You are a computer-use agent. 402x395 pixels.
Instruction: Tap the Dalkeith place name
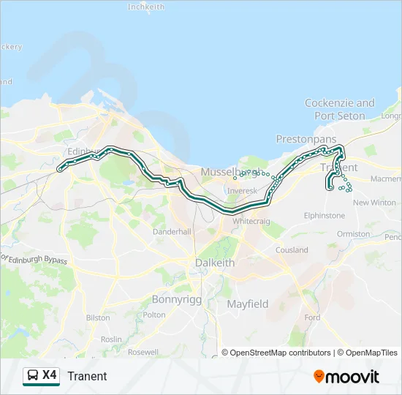pyautogui.click(x=215, y=263)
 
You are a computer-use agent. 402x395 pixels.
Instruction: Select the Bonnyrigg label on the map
pyautogui.click(x=175, y=299)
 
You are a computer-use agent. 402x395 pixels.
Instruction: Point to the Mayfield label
pyautogui.click(x=247, y=304)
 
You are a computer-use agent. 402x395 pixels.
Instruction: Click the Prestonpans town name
pyautogui.click(x=306, y=139)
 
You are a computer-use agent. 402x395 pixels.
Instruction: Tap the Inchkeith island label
pyautogui.click(x=146, y=7)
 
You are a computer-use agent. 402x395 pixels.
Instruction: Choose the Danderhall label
pyautogui.click(x=172, y=231)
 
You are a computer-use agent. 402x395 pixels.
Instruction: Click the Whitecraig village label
pyautogui.click(x=251, y=220)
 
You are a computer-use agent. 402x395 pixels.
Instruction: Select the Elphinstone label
pyautogui.click(x=325, y=216)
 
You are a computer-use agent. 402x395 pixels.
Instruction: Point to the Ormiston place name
pyautogui.click(x=353, y=234)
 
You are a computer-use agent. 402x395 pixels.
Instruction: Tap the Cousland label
pyautogui.click(x=291, y=250)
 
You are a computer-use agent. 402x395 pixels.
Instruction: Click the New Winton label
pyautogui.click(x=374, y=203)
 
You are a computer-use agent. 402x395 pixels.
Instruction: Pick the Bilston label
pyautogui.click(x=98, y=318)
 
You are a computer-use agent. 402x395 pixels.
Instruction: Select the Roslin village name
pyautogui.click(x=111, y=339)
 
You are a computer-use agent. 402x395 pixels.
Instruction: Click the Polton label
pyautogui.click(x=154, y=315)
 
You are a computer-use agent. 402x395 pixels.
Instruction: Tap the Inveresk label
pyautogui.click(x=238, y=190)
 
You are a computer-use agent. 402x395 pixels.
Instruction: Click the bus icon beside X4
pyautogui.click(x=33, y=376)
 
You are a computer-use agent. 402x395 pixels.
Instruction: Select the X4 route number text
pyautogui.click(x=49, y=375)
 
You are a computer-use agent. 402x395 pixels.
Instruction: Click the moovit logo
pyautogui.click(x=346, y=377)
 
